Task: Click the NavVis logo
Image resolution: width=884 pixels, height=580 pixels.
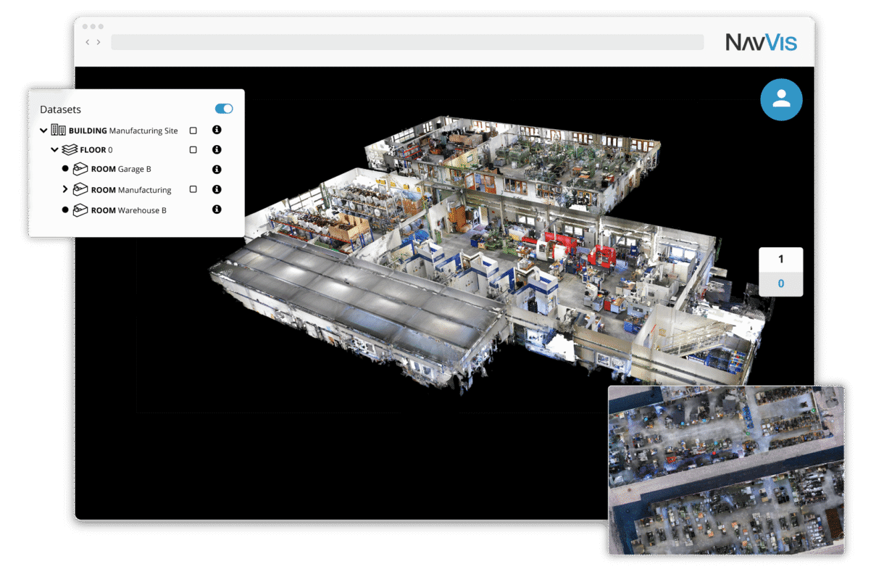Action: pos(761,42)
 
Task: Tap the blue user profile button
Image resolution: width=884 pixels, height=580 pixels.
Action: pos(781,99)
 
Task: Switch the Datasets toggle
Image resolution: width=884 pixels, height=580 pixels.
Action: pos(224,109)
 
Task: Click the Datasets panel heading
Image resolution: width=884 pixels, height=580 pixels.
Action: pos(60,109)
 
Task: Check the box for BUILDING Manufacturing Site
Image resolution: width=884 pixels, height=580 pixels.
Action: pos(193,130)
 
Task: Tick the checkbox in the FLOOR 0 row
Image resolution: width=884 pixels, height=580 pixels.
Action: pos(193,150)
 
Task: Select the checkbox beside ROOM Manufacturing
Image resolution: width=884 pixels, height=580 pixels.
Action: pos(193,189)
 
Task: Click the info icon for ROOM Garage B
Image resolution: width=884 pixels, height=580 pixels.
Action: pos(217,170)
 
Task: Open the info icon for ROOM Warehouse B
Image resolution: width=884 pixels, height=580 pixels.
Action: pos(217,210)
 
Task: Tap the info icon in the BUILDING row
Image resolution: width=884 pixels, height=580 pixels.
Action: pos(217,130)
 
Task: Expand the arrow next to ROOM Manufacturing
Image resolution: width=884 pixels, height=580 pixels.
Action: pos(65,189)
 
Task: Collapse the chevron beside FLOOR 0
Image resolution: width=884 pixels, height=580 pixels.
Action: pos(54,150)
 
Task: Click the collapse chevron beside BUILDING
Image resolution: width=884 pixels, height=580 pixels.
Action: pos(43,130)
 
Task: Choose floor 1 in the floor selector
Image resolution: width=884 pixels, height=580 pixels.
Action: pos(780,260)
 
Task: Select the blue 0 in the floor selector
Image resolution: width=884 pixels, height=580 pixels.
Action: pos(780,283)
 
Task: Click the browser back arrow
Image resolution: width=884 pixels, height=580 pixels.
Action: pos(88,42)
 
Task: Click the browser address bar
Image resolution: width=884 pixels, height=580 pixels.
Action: pos(406,42)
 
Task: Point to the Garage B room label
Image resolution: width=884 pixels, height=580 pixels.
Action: pos(121,170)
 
